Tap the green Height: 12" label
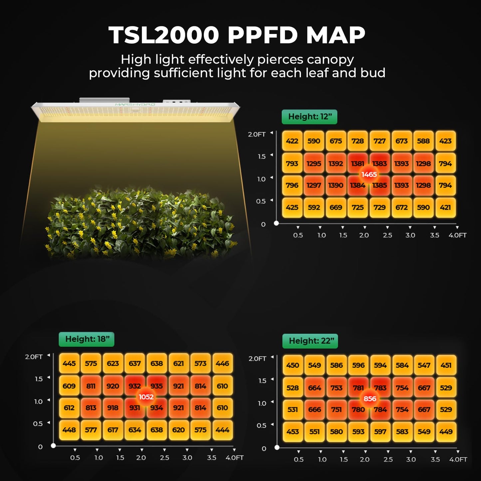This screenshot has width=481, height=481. click(x=310, y=117)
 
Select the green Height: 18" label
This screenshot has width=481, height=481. click(x=87, y=339)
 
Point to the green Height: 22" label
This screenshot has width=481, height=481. click(x=311, y=341)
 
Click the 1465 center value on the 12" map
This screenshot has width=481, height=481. click(x=369, y=174)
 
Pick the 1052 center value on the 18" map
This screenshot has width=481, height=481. click(x=146, y=397)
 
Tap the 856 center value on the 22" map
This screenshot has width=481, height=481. click(x=369, y=399)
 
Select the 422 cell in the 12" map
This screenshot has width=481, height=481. click(x=292, y=141)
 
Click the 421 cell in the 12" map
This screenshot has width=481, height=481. click(x=445, y=207)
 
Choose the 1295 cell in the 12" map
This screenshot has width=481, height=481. click(x=314, y=164)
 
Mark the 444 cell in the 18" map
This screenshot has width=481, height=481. click(x=222, y=430)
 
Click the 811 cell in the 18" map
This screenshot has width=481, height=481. click(x=91, y=386)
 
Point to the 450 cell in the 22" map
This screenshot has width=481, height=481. click(x=293, y=365)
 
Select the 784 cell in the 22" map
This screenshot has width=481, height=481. click(x=380, y=410)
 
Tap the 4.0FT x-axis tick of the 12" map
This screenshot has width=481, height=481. click(x=457, y=235)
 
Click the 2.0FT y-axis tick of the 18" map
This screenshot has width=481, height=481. click(x=34, y=357)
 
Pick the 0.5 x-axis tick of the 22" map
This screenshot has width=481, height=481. click(x=299, y=459)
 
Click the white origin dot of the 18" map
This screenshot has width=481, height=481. click(x=53, y=445)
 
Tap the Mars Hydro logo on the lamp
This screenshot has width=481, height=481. click(x=135, y=105)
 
